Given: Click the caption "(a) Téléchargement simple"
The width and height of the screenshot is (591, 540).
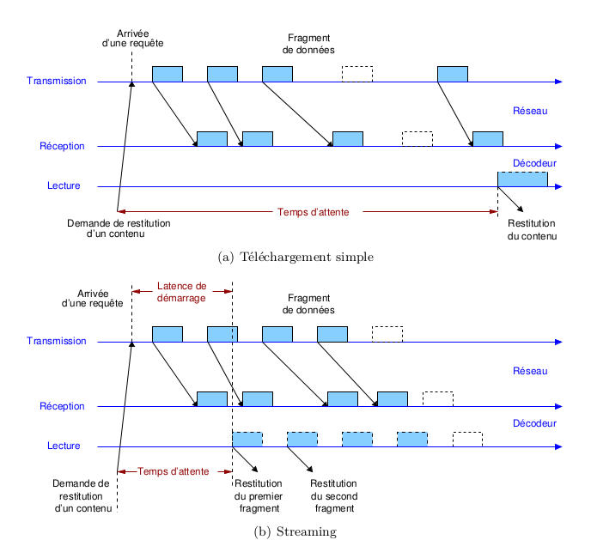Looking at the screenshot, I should [x=296, y=256].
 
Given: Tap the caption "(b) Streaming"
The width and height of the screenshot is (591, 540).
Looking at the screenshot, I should [x=295, y=531].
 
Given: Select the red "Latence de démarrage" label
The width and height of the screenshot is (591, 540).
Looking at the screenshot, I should [x=181, y=293].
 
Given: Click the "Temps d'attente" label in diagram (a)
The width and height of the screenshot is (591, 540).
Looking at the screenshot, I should [x=313, y=211].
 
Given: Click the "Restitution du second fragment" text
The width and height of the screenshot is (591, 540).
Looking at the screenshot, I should [x=332, y=496].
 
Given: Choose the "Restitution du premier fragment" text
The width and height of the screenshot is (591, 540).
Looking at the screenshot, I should [x=258, y=496].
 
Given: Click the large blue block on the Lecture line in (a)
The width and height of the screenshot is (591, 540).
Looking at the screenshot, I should [x=522, y=179].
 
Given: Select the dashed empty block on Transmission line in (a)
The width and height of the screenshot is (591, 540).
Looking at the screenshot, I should [x=357, y=74].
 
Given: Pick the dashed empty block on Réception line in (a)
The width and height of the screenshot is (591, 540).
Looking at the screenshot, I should [x=417, y=138].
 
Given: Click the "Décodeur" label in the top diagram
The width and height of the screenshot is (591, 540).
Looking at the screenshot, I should [x=534, y=163].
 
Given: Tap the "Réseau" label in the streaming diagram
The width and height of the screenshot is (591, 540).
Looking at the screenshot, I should [x=529, y=371].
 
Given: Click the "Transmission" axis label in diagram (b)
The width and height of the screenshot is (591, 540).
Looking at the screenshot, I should [x=57, y=341].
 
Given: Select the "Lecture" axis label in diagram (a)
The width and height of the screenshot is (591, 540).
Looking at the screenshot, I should [x=64, y=186].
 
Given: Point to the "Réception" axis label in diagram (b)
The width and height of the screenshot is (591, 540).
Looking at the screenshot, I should [x=62, y=406].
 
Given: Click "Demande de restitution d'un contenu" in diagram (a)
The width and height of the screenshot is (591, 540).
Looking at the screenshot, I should [x=118, y=228].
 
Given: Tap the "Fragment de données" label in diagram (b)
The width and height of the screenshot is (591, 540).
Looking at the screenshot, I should [x=308, y=304].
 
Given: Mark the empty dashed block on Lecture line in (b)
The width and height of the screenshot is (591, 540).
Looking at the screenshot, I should [x=467, y=439].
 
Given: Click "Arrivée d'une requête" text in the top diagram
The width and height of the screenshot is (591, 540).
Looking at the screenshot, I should [x=132, y=38].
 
